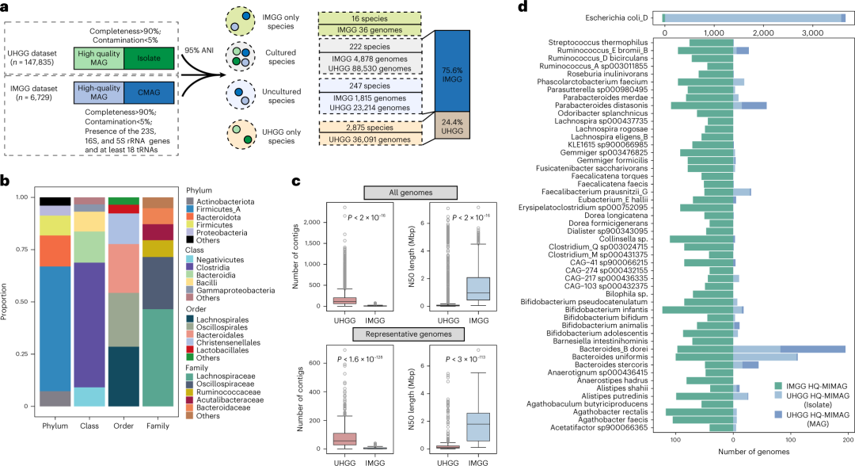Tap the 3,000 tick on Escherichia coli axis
pos(811,34)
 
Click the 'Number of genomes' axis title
pos(734,452)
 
